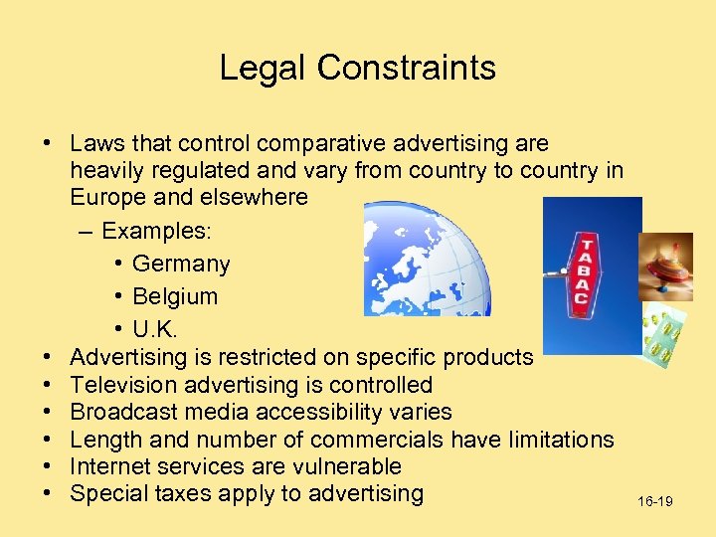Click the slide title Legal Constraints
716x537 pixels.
pos(357,68)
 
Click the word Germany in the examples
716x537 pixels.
pos(181,265)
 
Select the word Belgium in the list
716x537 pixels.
pos(175,296)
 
